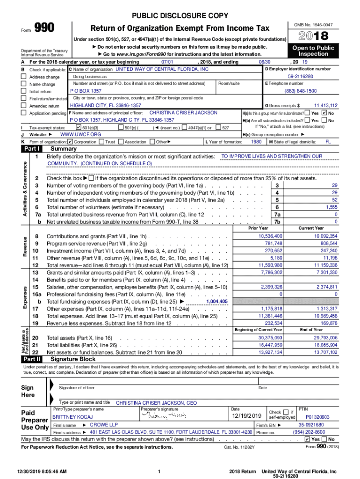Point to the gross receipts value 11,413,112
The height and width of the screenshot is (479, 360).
point(325,106)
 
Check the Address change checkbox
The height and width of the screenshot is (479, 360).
point(24,77)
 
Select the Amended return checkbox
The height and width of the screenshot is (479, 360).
point(24,106)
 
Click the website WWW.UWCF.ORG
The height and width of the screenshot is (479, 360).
point(81,134)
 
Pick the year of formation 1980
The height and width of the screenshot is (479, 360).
point(256,141)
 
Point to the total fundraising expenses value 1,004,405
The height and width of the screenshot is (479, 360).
point(216,302)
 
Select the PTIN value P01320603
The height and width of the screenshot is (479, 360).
point(317,417)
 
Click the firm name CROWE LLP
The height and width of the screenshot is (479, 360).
point(104,425)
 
